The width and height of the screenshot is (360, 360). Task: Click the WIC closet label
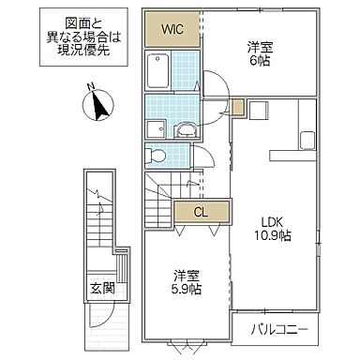coord(171,29)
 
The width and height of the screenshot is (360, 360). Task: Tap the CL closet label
coord(200,212)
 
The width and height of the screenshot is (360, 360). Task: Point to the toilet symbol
coord(158,154)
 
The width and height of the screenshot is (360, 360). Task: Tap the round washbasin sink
coord(186,130)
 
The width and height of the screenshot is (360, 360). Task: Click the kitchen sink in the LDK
coord(307,142)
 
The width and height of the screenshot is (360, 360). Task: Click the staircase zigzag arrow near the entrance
coord(96,201)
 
